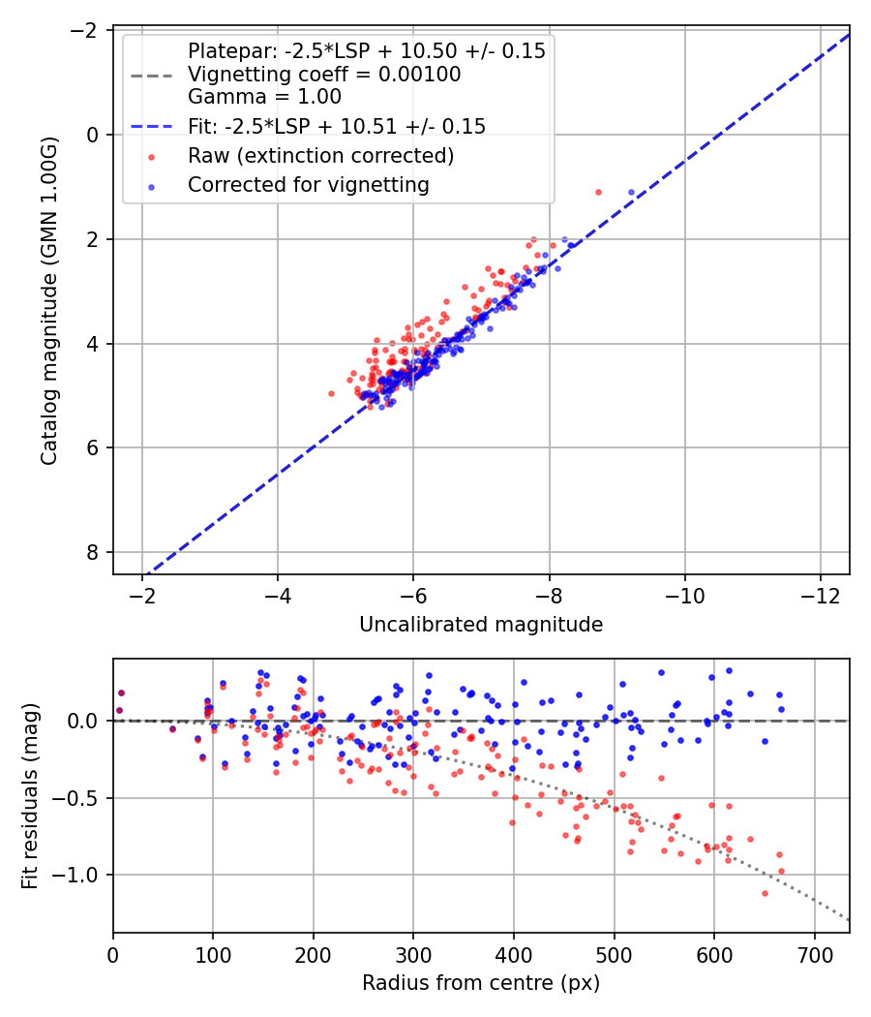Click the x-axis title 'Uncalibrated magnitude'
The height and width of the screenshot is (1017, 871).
click(481, 624)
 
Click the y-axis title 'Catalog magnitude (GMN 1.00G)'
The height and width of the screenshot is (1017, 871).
click(48, 300)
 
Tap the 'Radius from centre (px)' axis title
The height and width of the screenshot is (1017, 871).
click(481, 983)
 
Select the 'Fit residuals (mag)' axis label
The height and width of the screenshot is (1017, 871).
click(30, 795)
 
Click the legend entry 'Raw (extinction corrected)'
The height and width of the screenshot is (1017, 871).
click(320, 156)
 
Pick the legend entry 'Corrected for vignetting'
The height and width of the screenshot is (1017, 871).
click(309, 185)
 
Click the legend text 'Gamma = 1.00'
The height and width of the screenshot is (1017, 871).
click(264, 97)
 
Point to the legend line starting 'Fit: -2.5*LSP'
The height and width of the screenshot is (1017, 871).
click(337, 126)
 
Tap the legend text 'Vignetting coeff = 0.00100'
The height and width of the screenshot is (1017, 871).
click(324, 74)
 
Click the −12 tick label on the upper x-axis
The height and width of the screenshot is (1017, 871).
click(821, 596)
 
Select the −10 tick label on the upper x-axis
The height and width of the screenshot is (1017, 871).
click(685, 596)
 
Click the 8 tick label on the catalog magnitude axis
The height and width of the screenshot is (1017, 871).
click(93, 552)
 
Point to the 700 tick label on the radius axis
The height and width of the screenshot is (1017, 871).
click(815, 955)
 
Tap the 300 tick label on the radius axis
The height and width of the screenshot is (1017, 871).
click(413, 955)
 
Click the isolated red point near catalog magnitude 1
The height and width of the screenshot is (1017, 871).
click(598, 192)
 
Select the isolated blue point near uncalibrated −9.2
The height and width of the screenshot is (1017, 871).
click(631, 192)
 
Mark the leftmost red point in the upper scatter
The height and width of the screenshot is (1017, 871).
click(331, 393)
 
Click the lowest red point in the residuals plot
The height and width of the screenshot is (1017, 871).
click(765, 893)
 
